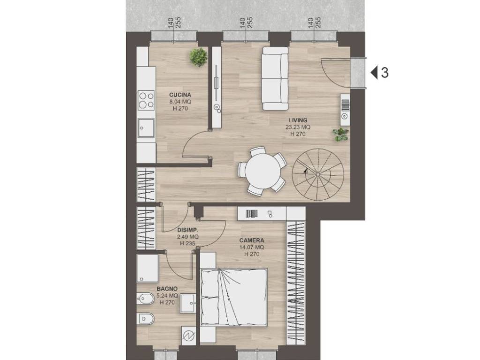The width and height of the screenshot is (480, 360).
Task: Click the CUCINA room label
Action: click(x=180, y=95)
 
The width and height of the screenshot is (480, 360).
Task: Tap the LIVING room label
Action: click(x=298, y=120)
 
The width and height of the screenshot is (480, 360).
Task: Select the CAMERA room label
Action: click(x=252, y=240)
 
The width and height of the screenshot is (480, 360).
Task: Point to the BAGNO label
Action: click(x=167, y=289)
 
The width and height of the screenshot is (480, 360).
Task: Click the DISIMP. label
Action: click(x=187, y=230)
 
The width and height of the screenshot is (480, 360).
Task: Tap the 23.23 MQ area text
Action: click(x=298, y=127)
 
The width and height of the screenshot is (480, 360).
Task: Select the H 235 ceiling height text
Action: click(x=187, y=243)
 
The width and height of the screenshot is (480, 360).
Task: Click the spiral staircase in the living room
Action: click(x=318, y=174)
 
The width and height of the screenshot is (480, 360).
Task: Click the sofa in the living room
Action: click(x=275, y=78)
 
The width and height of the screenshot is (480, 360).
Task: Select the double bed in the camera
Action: click(x=234, y=297)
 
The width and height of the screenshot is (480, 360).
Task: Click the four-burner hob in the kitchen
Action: click(x=146, y=100)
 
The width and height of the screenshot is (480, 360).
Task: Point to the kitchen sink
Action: click(x=146, y=128)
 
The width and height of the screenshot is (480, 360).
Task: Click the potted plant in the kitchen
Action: click(x=198, y=57)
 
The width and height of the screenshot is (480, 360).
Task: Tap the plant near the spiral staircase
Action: click(x=341, y=135)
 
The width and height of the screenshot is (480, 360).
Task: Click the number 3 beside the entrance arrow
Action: click(x=385, y=73)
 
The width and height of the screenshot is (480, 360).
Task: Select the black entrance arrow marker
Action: click(x=374, y=73)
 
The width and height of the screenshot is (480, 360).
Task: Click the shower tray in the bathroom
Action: click(x=148, y=268)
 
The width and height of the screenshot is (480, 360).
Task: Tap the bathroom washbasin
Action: click(x=188, y=303)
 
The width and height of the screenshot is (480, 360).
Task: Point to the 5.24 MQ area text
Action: click(x=167, y=296)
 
